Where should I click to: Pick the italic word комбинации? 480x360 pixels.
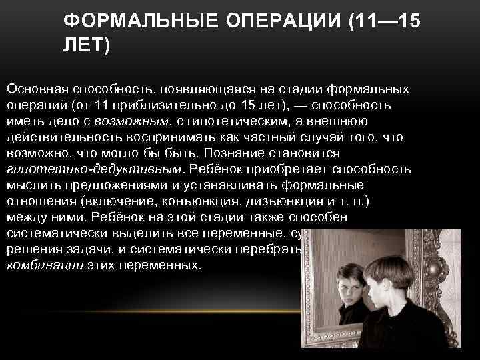pyautogui.click(x=44, y=265)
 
